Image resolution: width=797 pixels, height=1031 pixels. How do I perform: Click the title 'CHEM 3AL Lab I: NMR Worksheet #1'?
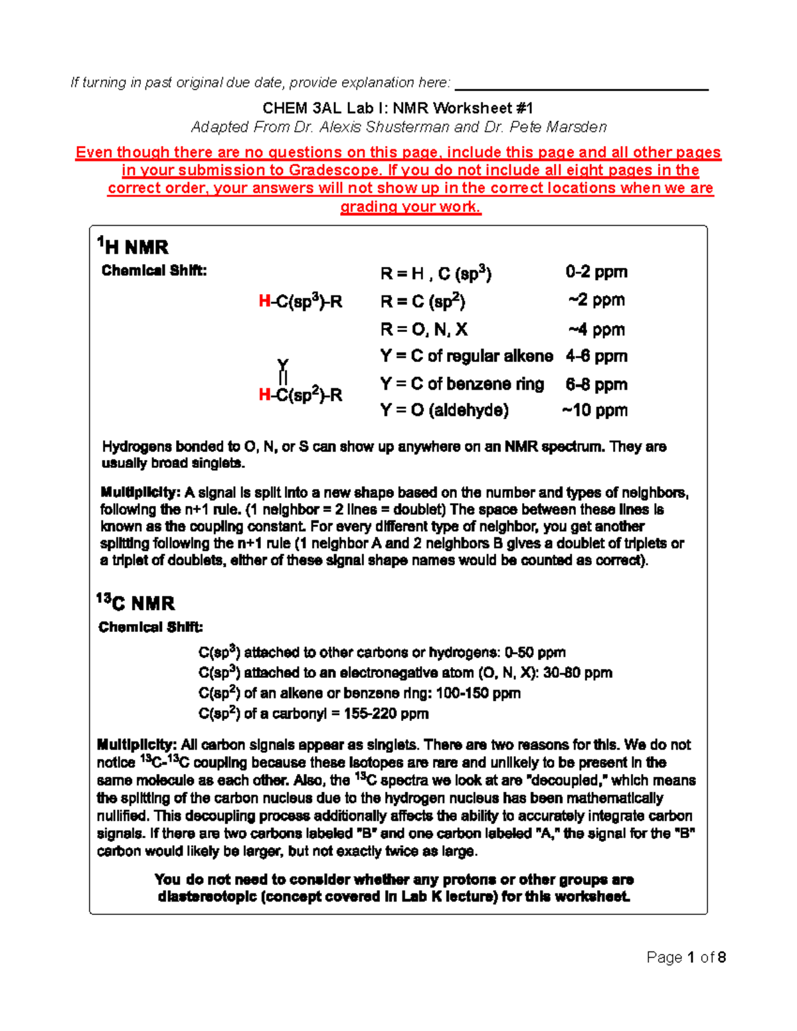click(x=398, y=108)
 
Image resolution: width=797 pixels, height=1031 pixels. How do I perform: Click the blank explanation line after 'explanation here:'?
click(x=581, y=85)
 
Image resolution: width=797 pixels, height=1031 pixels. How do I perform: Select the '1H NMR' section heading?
click(x=133, y=247)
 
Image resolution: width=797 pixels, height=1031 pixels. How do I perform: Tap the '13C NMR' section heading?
click(x=135, y=603)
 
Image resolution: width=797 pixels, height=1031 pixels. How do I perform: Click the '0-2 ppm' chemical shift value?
click(x=596, y=272)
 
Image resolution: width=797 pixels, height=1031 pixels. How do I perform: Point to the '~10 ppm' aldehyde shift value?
click(x=594, y=410)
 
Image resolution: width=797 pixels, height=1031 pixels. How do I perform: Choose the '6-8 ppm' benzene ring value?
click(x=596, y=384)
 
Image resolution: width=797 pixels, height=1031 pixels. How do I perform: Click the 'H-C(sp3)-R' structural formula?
click(x=300, y=302)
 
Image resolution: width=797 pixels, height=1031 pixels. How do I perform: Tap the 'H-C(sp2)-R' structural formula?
click(x=300, y=395)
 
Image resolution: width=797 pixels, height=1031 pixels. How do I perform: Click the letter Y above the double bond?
click(x=283, y=365)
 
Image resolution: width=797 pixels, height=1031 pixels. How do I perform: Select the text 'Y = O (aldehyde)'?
click(x=444, y=410)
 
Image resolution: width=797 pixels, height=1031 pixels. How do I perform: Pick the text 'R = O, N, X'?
click(x=424, y=329)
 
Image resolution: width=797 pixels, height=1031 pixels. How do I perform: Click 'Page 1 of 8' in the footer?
click(x=686, y=957)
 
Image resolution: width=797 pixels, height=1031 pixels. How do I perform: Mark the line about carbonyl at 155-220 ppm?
click(x=313, y=714)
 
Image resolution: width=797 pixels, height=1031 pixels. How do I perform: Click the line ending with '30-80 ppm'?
click(x=405, y=673)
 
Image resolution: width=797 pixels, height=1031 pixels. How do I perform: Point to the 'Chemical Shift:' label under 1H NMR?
click(x=154, y=271)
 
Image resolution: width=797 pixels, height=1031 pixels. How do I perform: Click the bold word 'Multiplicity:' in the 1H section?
click(x=140, y=493)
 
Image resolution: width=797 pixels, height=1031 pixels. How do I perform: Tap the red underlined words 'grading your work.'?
click(x=410, y=206)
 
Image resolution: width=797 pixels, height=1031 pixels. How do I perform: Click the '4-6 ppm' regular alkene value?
click(x=596, y=357)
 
